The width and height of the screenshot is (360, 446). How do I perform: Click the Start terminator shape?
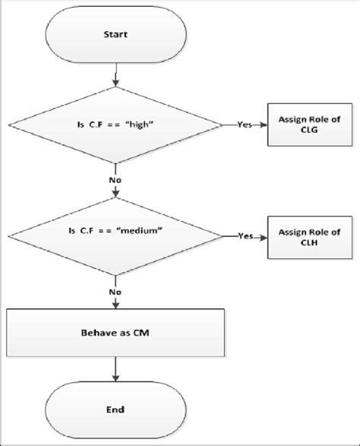116,35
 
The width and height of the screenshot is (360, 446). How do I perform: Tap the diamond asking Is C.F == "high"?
116,125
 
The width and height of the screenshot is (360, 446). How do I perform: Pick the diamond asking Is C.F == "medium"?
116,236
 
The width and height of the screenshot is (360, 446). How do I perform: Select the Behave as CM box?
116,332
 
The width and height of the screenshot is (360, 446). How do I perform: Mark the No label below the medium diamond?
116,289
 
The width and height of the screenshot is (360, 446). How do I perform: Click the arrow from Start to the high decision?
116,76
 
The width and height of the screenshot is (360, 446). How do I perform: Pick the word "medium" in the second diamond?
147,236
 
